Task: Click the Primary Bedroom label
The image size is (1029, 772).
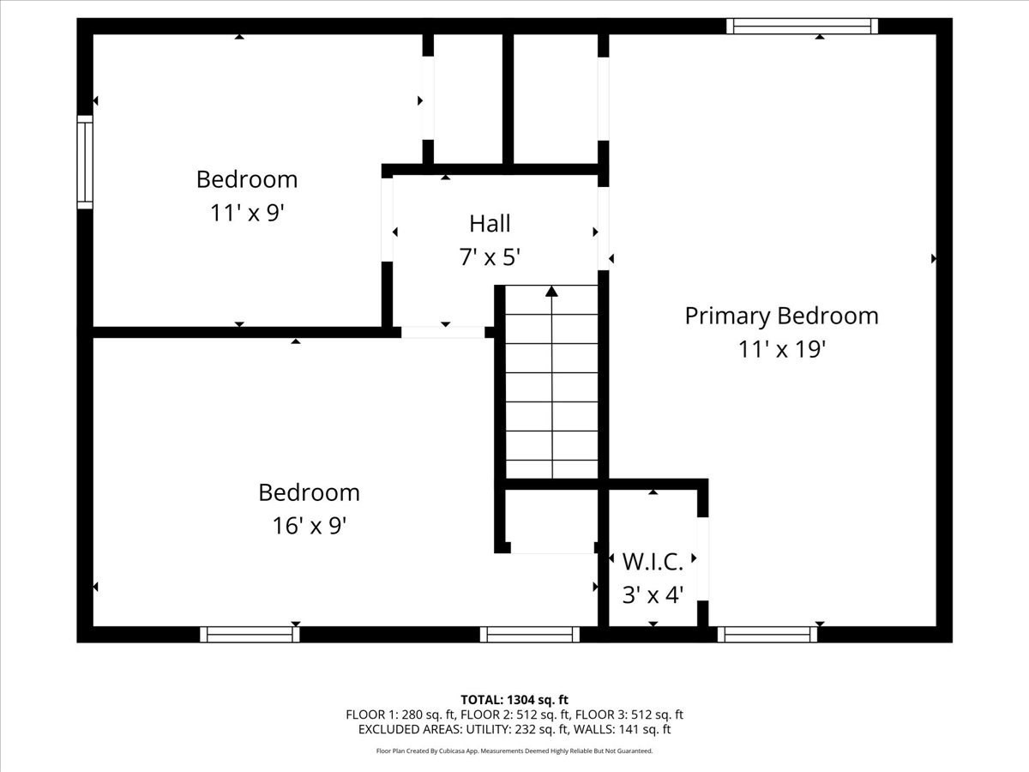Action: pyautogui.click(x=781, y=316)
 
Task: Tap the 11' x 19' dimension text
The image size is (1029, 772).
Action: pyautogui.click(x=781, y=350)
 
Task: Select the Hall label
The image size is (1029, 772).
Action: pyautogui.click(x=490, y=224)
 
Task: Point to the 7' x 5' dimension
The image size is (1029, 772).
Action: pyautogui.click(x=490, y=256)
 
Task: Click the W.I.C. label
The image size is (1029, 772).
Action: pyautogui.click(x=653, y=562)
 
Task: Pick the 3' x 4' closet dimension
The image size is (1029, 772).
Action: pyautogui.click(x=653, y=594)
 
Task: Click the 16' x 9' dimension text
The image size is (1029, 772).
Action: pyautogui.click(x=309, y=525)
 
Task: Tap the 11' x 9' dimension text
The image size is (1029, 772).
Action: pyautogui.click(x=247, y=213)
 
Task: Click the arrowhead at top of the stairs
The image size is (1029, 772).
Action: pyautogui.click(x=551, y=292)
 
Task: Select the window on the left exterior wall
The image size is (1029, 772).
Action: pyautogui.click(x=85, y=162)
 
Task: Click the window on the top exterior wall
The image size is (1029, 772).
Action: pyautogui.click(x=802, y=26)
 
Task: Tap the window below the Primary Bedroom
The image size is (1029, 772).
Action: pyautogui.click(x=767, y=635)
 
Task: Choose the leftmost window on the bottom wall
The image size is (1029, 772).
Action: pyautogui.click(x=250, y=635)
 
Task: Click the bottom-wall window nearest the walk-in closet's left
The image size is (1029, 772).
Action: pyautogui.click(x=530, y=635)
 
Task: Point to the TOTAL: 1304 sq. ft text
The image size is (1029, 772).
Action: pyautogui.click(x=514, y=699)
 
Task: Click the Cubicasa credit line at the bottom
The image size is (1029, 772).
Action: pyautogui.click(x=514, y=751)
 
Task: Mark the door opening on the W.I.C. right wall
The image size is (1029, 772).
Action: pyautogui.click(x=703, y=558)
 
